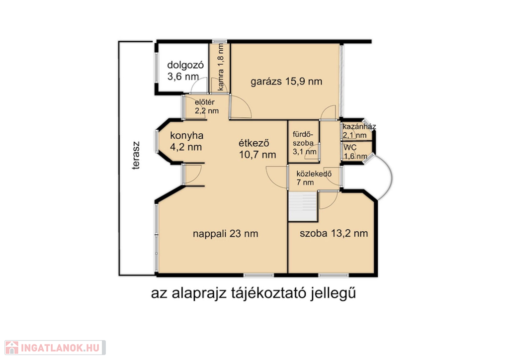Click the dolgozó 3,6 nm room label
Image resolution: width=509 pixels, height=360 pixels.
[x=185, y=71]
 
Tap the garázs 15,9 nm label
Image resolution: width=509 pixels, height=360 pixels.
[x=286, y=81]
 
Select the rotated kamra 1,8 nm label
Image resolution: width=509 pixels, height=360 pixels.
[x=221, y=67]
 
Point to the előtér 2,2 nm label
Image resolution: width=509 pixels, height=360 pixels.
[x=206, y=106]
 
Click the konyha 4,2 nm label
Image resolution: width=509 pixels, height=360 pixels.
[x=186, y=141]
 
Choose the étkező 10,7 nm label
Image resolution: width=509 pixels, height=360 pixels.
[x=257, y=149]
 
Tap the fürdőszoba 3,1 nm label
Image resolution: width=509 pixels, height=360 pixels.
[x=304, y=143]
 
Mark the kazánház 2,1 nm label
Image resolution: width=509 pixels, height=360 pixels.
[x=359, y=131]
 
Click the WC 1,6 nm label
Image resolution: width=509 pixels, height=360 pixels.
[x=355, y=152]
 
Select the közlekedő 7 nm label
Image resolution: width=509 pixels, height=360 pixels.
[x=314, y=178]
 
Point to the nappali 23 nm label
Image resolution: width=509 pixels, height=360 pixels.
[x=225, y=234]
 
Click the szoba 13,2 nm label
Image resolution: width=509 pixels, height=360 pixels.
[x=334, y=233]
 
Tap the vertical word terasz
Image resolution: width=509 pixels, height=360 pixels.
[x=136, y=155]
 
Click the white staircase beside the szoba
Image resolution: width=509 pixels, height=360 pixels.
[x=303, y=206]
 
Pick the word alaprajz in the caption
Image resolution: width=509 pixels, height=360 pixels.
[x=199, y=293]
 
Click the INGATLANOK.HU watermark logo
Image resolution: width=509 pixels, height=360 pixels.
[x=55, y=348]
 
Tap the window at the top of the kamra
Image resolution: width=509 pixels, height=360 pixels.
[x=219, y=42]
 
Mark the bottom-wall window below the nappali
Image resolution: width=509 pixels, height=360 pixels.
[x=258, y=275]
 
